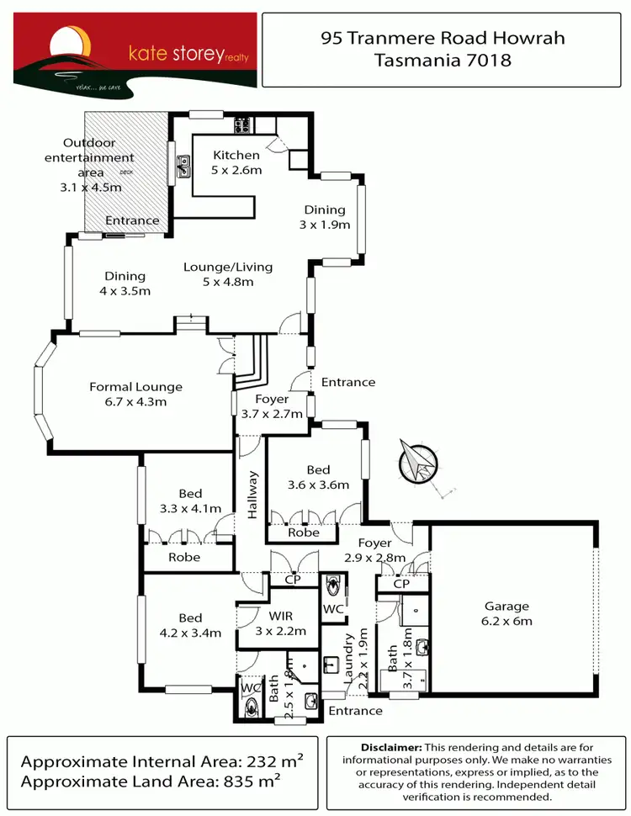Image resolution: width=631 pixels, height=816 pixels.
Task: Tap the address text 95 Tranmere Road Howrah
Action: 442,38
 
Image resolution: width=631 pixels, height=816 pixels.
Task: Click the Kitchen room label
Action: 236,155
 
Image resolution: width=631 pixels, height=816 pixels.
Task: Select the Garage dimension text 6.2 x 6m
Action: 506,622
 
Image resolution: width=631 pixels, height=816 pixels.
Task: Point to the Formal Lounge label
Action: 135,387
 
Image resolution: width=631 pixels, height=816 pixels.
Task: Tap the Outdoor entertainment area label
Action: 88,157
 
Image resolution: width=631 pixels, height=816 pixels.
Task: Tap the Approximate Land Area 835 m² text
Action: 151,782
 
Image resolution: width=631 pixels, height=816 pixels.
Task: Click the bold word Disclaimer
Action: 390,747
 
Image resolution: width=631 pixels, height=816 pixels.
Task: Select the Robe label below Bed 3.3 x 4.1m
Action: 184,557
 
